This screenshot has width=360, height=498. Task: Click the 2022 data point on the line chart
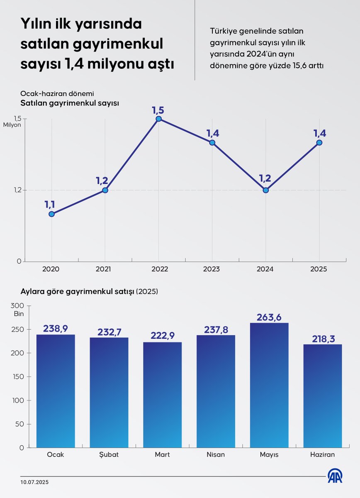[x=158, y=119]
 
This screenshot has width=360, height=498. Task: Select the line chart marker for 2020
[x=51, y=214]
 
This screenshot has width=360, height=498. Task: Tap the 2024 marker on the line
[x=265, y=190]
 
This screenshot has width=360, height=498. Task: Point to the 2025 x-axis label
[x=318, y=269]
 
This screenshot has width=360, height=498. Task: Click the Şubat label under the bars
[x=109, y=454]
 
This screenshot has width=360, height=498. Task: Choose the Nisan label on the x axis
[x=216, y=454]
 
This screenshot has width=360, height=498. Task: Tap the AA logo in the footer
[x=335, y=476]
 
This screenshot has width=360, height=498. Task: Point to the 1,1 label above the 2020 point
[x=50, y=204]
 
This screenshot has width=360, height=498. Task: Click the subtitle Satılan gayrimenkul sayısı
[x=70, y=103]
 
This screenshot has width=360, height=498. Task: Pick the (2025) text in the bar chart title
[x=147, y=292]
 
